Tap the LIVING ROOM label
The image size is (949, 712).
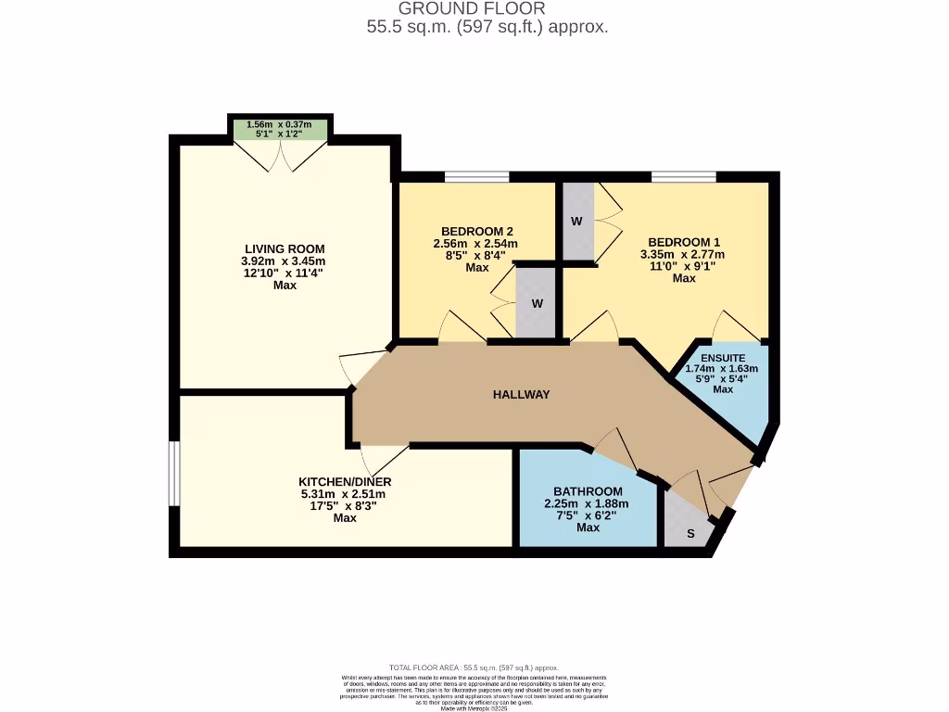click(x=285, y=248)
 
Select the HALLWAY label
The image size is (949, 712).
click(x=521, y=394)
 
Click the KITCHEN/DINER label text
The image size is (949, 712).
click(x=345, y=482)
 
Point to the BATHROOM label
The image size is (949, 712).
click(x=588, y=491)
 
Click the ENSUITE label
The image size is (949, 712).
click(x=723, y=357)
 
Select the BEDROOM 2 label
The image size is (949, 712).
click(x=476, y=231)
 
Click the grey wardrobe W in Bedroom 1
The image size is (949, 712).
click(x=577, y=222)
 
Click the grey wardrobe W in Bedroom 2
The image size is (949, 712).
click(x=536, y=303)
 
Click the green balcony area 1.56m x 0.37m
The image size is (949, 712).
click(x=280, y=130)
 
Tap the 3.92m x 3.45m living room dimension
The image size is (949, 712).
click(x=285, y=261)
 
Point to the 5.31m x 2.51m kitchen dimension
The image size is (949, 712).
click(x=345, y=494)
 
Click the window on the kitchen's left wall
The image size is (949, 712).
click(x=173, y=473)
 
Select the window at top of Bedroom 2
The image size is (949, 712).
click(x=476, y=176)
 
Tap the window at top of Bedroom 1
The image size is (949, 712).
click(x=683, y=176)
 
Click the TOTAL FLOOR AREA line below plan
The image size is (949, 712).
click(x=474, y=667)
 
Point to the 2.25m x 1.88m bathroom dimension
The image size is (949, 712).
click(x=588, y=503)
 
